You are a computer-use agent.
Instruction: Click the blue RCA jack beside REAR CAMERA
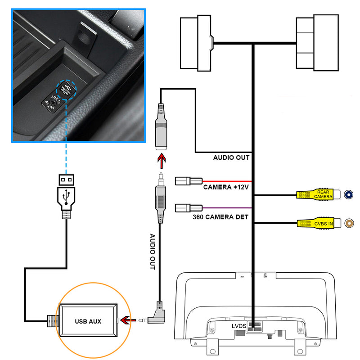click(x=349, y=194)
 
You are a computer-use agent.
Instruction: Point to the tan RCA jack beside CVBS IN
click(x=349, y=223)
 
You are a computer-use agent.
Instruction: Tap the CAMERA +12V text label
click(x=226, y=187)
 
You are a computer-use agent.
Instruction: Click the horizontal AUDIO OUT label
click(x=231, y=158)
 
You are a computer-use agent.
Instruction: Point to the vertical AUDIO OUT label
click(x=152, y=252)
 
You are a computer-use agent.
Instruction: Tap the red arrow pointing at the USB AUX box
click(x=129, y=320)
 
